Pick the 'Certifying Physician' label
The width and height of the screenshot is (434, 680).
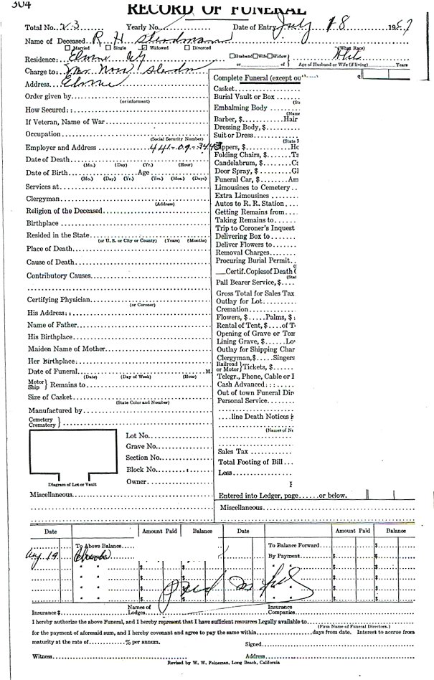(58, 299)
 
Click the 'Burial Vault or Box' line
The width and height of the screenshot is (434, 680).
(244, 96)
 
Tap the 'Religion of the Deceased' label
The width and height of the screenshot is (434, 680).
(64, 211)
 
